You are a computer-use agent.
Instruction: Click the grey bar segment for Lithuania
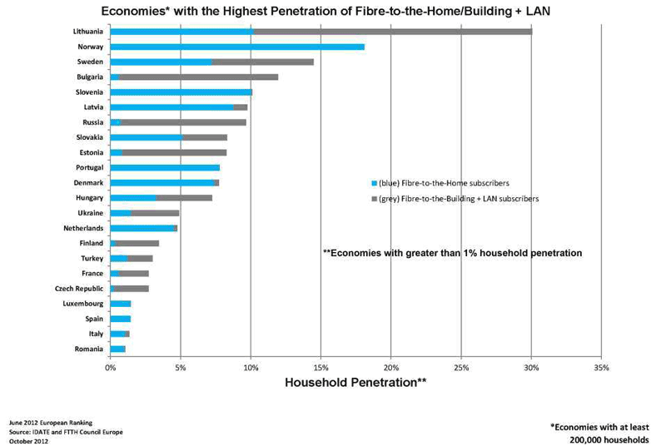tap(391, 32)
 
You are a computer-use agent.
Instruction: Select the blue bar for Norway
tap(237, 47)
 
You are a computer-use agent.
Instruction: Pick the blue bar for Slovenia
tap(181, 92)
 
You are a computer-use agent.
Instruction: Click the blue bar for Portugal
tap(165, 167)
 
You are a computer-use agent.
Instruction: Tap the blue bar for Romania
tap(117, 349)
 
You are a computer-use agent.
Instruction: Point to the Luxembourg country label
tap(82, 304)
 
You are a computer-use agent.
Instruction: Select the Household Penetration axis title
tap(355, 383)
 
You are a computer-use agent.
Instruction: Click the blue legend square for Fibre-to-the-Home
tap(374, 182)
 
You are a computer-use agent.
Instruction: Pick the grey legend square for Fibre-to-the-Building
tap(374, 199)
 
